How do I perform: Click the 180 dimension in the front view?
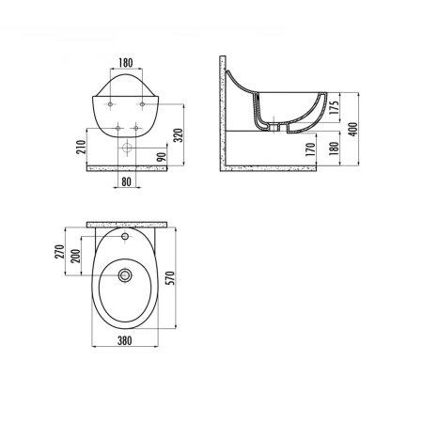(126, 63)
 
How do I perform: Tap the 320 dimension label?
(179, 135)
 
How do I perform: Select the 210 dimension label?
(81, 147)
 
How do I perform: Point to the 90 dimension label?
(162, 157)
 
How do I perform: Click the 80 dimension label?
(126, 181)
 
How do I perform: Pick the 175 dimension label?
(335, 107)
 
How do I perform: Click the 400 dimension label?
(353, 129)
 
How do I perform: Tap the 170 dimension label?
(310, 149)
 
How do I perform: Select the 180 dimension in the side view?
(335, 148)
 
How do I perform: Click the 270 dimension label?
(59, 252)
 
